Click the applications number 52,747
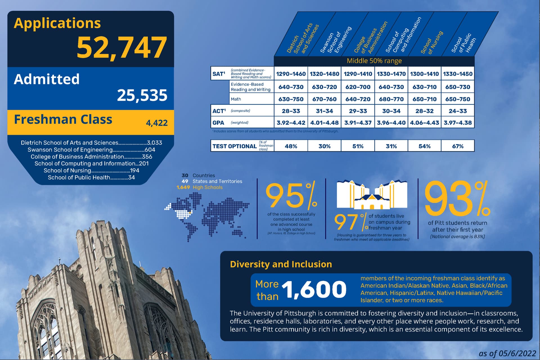pyautogui.click(x=121, y=47)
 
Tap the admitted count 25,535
pyautogui.click(x=142, y=95)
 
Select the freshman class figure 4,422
pyautogui.click(x=157, y=123)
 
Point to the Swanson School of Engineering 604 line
pyautogui.click(x=91, y=150)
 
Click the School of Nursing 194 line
pyautogui.click(x=91, y=171)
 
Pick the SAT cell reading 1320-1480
pyautogui.click(x=324, y=74)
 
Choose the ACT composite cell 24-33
pyautogui.click(x=458, y=111)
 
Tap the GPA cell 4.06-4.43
pyautogui.click(x=424, y=123)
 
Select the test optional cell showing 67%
pyautogui.click(x=458, y=146)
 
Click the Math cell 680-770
pyautogui.click(x=391, y=99)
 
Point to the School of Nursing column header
pyautogui.click(x=432, y=42)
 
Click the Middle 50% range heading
pyautogui.click(x=374, y=61)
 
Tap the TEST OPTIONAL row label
pyautogui.click(x=234, y=146)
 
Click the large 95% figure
pyautogui.click(x=291, y=195)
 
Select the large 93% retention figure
pyautogui.click(x=457, y=198)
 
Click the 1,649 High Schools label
pyautogui.click(x=199, y=187)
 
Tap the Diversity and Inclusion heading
pyautogui.click(x=281, y=264)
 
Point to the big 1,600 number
pyautogui.click(x=314, y=289)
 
